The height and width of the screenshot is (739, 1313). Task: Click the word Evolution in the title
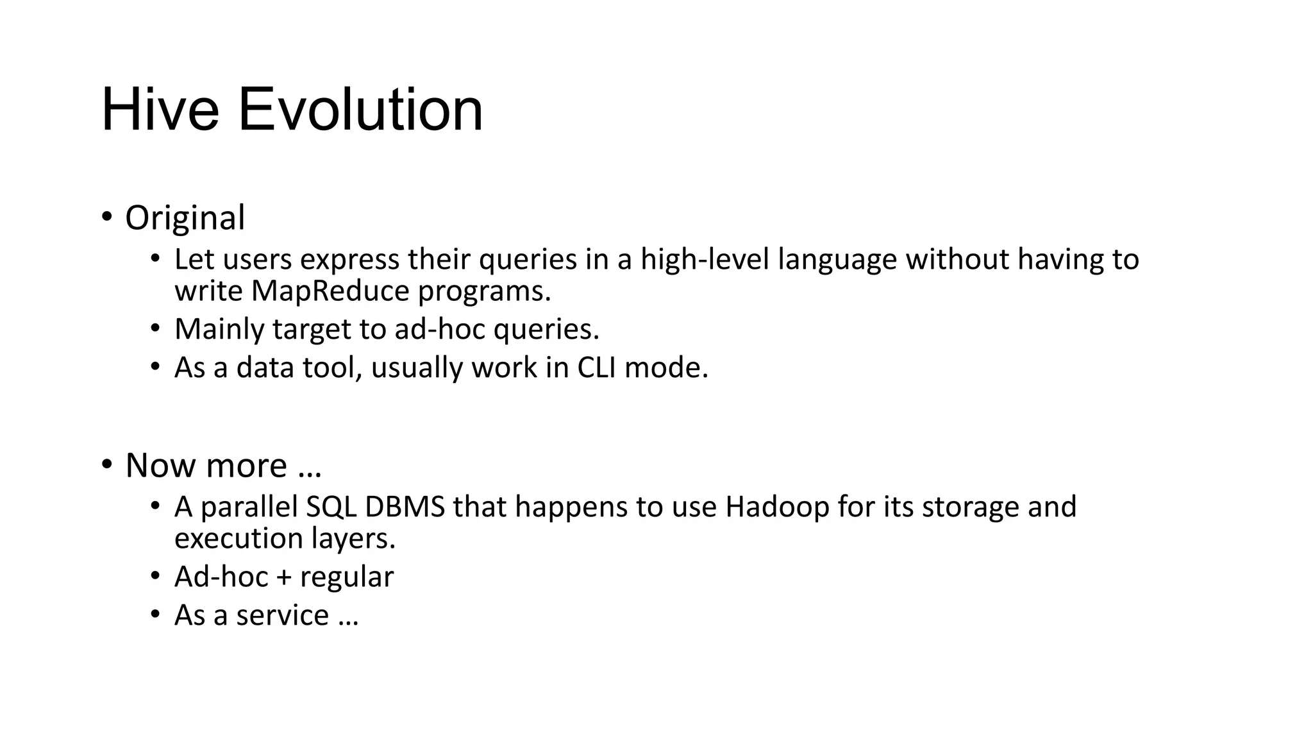pyautogui.click(x=360, y=110)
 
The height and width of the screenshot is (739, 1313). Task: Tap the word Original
pyautogui.click(x=185, y=218)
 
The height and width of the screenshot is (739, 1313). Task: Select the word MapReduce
pyautogui.click(x=330, y=291)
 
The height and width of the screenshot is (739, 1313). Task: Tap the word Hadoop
pyautogui.click(x=777, y=507)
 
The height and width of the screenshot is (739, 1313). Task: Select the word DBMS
pyautogui.click(x=405, y=507)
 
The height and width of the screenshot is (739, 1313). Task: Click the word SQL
pyautogui.click(x=331, y=507)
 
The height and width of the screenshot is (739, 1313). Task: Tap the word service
pyautogui.click(x=282, y=615)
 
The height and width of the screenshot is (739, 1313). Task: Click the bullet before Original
pyautogui.click(x=106, y=217)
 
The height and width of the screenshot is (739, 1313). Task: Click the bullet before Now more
pyautogui.click(x=106, y=464)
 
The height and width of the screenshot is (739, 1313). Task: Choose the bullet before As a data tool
pyautogui.click(x=155, y=367)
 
